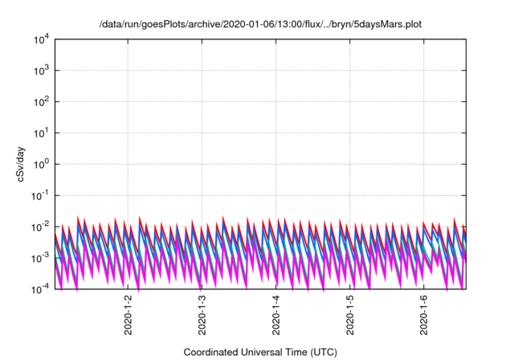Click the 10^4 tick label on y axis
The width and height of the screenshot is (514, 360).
[41, 39]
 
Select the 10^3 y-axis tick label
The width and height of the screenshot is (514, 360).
[41, 70]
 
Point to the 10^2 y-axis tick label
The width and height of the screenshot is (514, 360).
[41, 101]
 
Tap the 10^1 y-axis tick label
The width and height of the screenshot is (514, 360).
[41, 133]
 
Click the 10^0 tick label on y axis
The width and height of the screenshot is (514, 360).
[41, 164]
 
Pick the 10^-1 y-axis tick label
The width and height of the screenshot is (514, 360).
[40, 195]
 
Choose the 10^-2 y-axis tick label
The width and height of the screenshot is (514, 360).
[40, 227]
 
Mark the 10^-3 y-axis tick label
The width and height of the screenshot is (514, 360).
[40, 258]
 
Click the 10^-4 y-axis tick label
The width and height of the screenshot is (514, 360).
[40, 288]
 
